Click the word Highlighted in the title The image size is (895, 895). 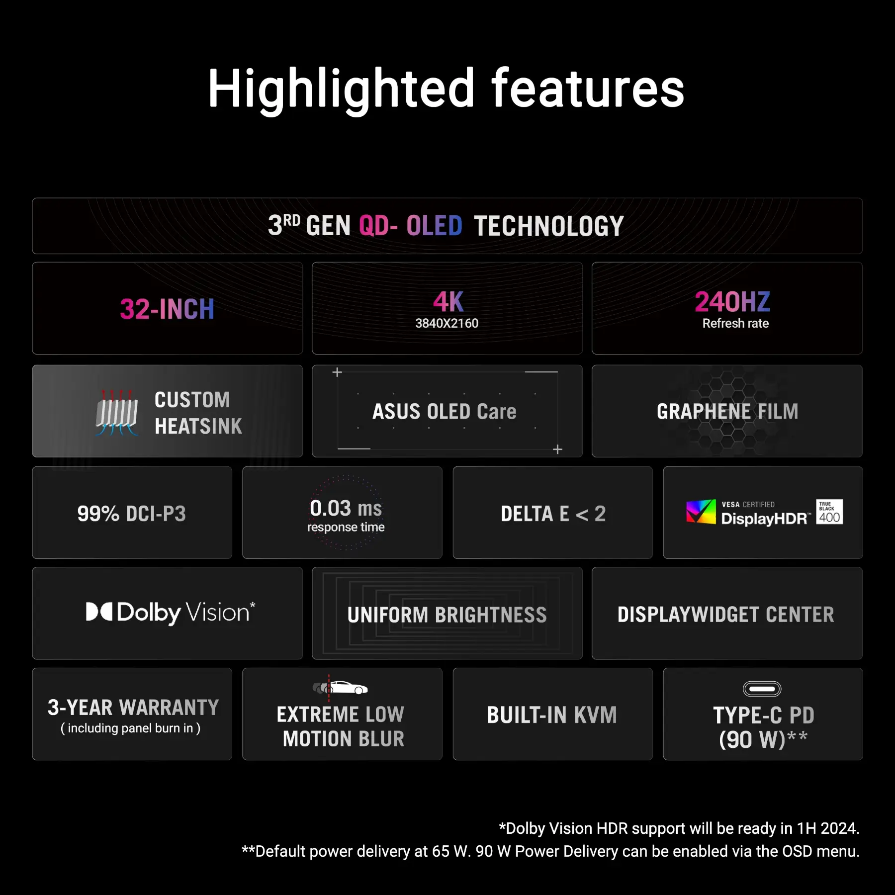pos(341,89)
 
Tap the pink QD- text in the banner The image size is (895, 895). pos(378,226)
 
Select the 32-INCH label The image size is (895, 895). pos(167,309)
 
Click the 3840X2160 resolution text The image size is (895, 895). pos(447,323)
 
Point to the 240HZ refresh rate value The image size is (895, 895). pos(732,302)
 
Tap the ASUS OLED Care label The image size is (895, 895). pos(445,412)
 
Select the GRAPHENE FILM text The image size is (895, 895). pos(727,412)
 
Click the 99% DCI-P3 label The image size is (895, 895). pos(132,514)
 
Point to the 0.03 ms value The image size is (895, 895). pos(346,508)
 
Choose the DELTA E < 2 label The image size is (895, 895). pos(553,514)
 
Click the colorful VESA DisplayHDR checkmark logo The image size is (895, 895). pos(701,512)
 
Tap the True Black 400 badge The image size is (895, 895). pos(829,512)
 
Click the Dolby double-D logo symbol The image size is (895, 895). pos(99,612)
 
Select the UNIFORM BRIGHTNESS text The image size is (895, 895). pos(447,615)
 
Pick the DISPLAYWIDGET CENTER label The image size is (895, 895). pos(726,615)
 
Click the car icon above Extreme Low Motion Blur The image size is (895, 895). pos(341,688)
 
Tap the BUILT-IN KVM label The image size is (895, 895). pos(552,715)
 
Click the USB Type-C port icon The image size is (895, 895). pos(762,689)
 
